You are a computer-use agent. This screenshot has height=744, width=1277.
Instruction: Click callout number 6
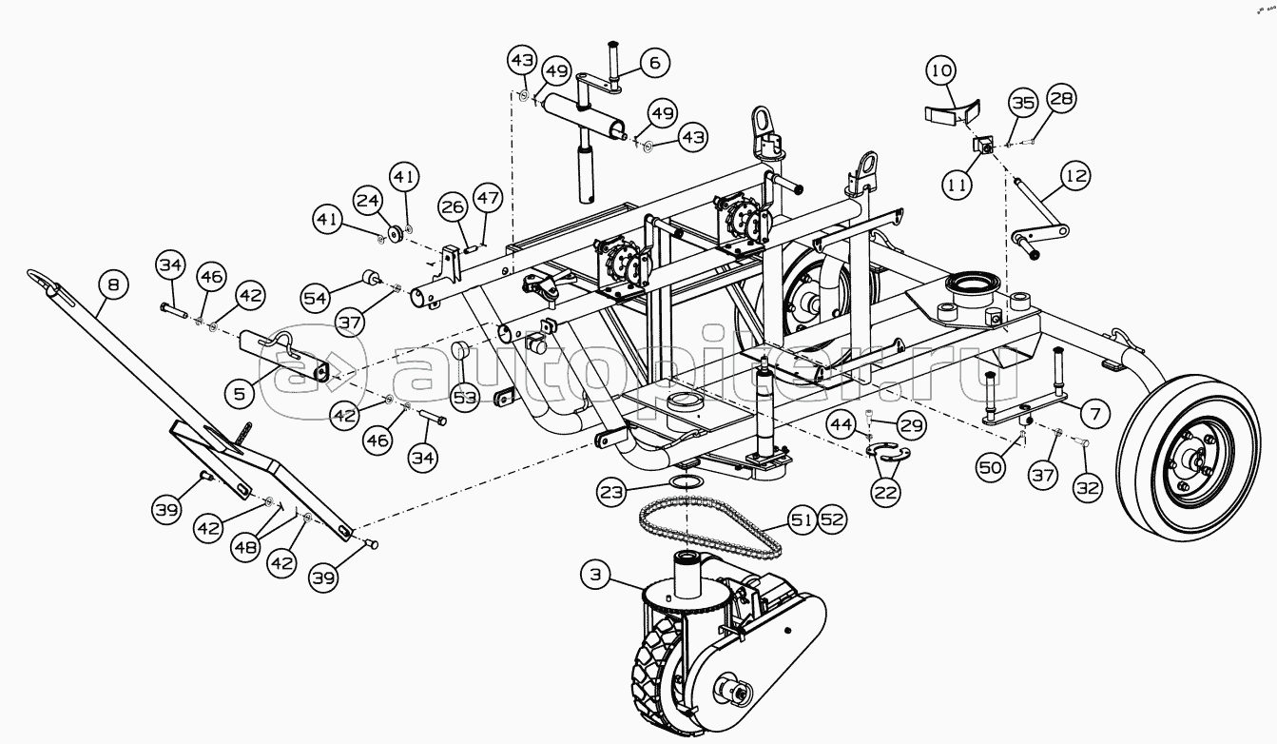pos(654,63)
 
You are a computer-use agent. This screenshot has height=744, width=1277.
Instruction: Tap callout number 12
pos(1075,176)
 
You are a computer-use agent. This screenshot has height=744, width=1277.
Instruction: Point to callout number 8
pos(113,284)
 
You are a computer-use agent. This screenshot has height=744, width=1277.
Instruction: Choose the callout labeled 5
pos(240,393)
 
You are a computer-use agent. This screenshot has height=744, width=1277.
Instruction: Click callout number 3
pos(596,575)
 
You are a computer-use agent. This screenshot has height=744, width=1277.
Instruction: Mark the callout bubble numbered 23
pos(611,491)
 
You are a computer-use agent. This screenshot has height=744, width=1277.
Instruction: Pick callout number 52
pos(832,519)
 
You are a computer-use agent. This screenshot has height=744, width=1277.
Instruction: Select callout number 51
pos(802,519)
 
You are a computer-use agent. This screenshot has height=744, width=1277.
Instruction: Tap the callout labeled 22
pos(885,491)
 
